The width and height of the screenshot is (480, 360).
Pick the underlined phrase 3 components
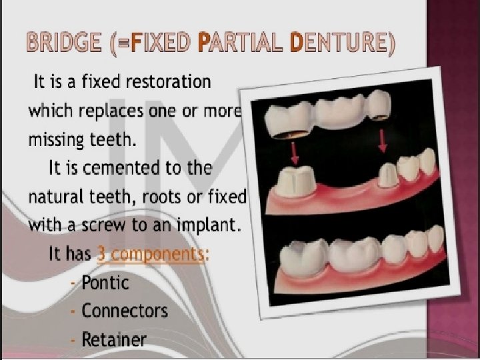pos(150,254)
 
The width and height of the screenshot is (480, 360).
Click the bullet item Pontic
pos(105,283)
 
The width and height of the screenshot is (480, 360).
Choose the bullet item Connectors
pos(125,311)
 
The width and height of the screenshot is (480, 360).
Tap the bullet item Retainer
pos(114,339)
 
